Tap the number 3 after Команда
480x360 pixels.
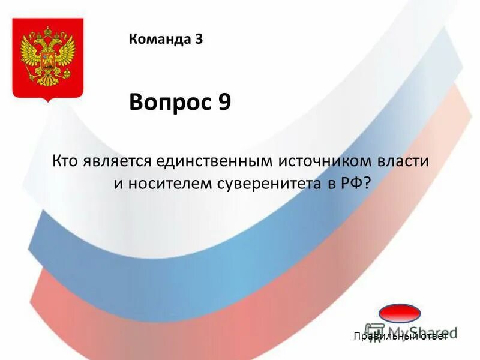click(199, 40)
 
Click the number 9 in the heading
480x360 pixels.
click(223, 103)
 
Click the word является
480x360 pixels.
click(116, 162)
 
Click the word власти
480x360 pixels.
click(401, 162)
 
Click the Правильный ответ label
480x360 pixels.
click(401, 337)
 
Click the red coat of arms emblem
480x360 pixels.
click(48, 60)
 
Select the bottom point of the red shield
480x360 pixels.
click(48, 101)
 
